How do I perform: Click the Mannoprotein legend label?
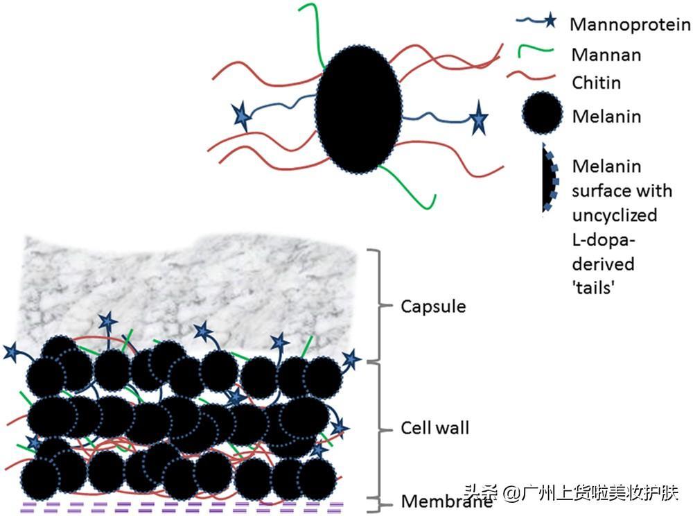630,24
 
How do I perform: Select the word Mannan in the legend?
606,55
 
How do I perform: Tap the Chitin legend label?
596,83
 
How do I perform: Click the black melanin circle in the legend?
543,113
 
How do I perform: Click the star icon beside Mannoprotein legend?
550,20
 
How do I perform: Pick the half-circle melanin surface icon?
550,178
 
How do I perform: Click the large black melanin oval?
358,109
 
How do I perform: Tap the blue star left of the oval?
241,116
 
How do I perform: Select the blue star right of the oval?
478,118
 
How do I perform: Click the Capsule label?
433,307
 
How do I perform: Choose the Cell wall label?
435,428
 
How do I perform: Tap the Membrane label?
446,501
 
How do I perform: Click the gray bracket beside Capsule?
380,305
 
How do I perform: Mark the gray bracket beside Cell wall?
380,429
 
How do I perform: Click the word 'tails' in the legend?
594,288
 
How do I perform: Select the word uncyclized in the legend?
615,216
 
